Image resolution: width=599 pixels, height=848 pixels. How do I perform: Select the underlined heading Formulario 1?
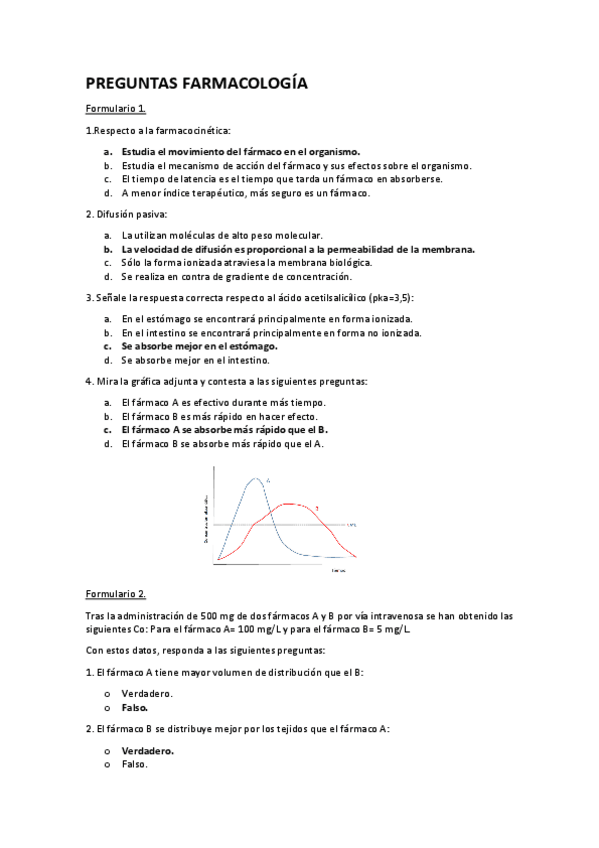pos(116,108)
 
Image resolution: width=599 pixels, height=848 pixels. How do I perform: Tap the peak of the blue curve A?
pos(257,479)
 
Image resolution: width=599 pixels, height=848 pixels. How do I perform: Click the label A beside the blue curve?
pos(269,481)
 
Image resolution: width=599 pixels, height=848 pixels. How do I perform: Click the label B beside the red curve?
pos(317,509)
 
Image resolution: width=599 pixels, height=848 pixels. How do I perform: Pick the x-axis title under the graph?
pos(339,570)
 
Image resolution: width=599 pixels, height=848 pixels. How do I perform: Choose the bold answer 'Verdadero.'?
pos(147,750)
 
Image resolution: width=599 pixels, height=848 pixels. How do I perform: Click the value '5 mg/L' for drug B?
pos(390,630)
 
